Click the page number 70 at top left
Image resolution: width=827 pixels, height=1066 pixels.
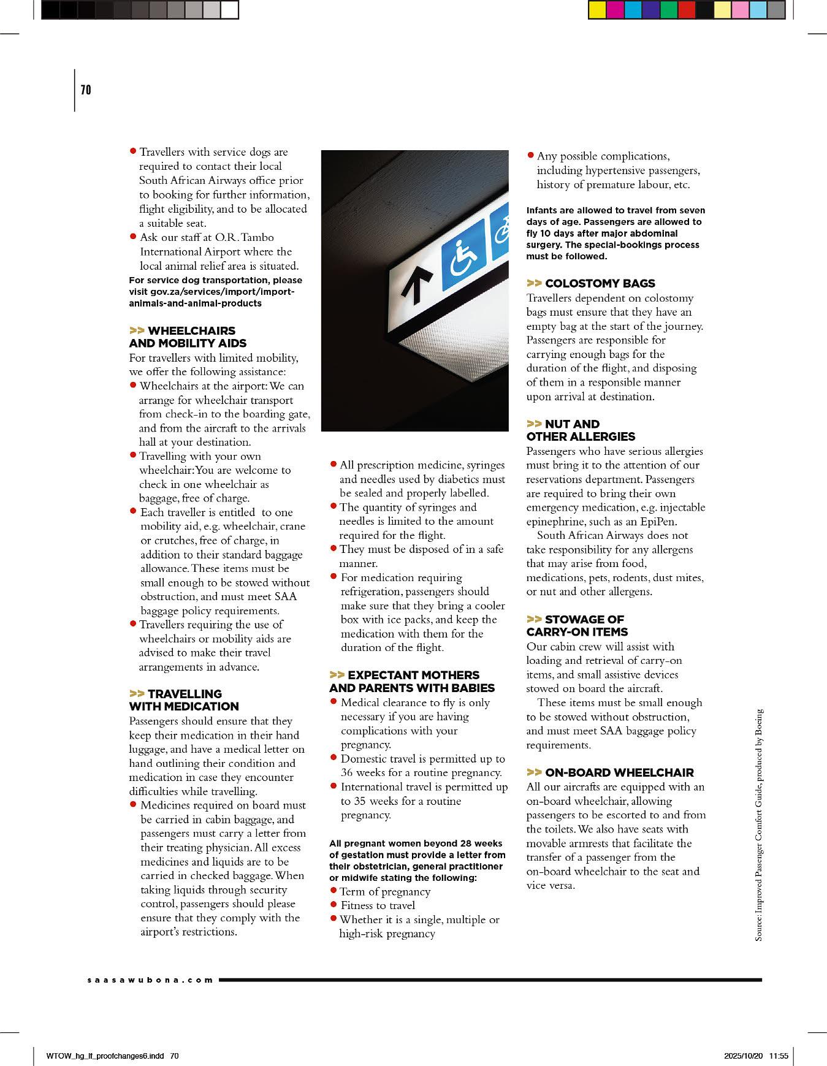coord(86,90)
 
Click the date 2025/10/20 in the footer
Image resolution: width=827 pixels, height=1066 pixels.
coord(744,1056)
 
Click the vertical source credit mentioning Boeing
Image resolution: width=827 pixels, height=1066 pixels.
coord(759,825)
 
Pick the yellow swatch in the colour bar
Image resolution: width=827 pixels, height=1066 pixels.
coord(596,10)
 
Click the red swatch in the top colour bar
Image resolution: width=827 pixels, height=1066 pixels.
coord(687,10)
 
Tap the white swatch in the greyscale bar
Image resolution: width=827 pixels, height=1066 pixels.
coord(230,10)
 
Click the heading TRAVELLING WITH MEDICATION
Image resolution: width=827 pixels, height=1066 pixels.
coord(184,700)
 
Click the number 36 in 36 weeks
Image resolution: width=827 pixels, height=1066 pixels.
coord(347,772)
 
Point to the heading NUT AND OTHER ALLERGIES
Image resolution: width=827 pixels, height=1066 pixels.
coord(581,430)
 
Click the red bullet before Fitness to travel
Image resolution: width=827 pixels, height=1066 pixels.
coord(334,905)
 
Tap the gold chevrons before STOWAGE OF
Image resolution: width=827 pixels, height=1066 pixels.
coord(534,619)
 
